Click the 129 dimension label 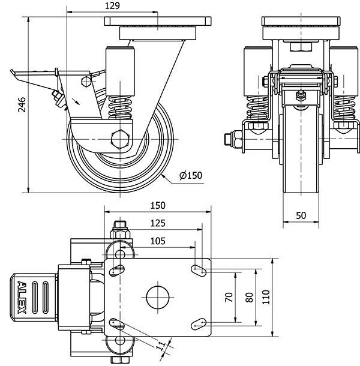112,5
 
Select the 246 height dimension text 22,106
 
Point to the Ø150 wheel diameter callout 191,175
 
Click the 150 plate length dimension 158,205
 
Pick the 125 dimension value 158,223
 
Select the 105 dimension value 158,241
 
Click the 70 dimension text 229,297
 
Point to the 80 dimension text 247,297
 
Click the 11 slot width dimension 161,346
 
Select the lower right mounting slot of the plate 197,325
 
